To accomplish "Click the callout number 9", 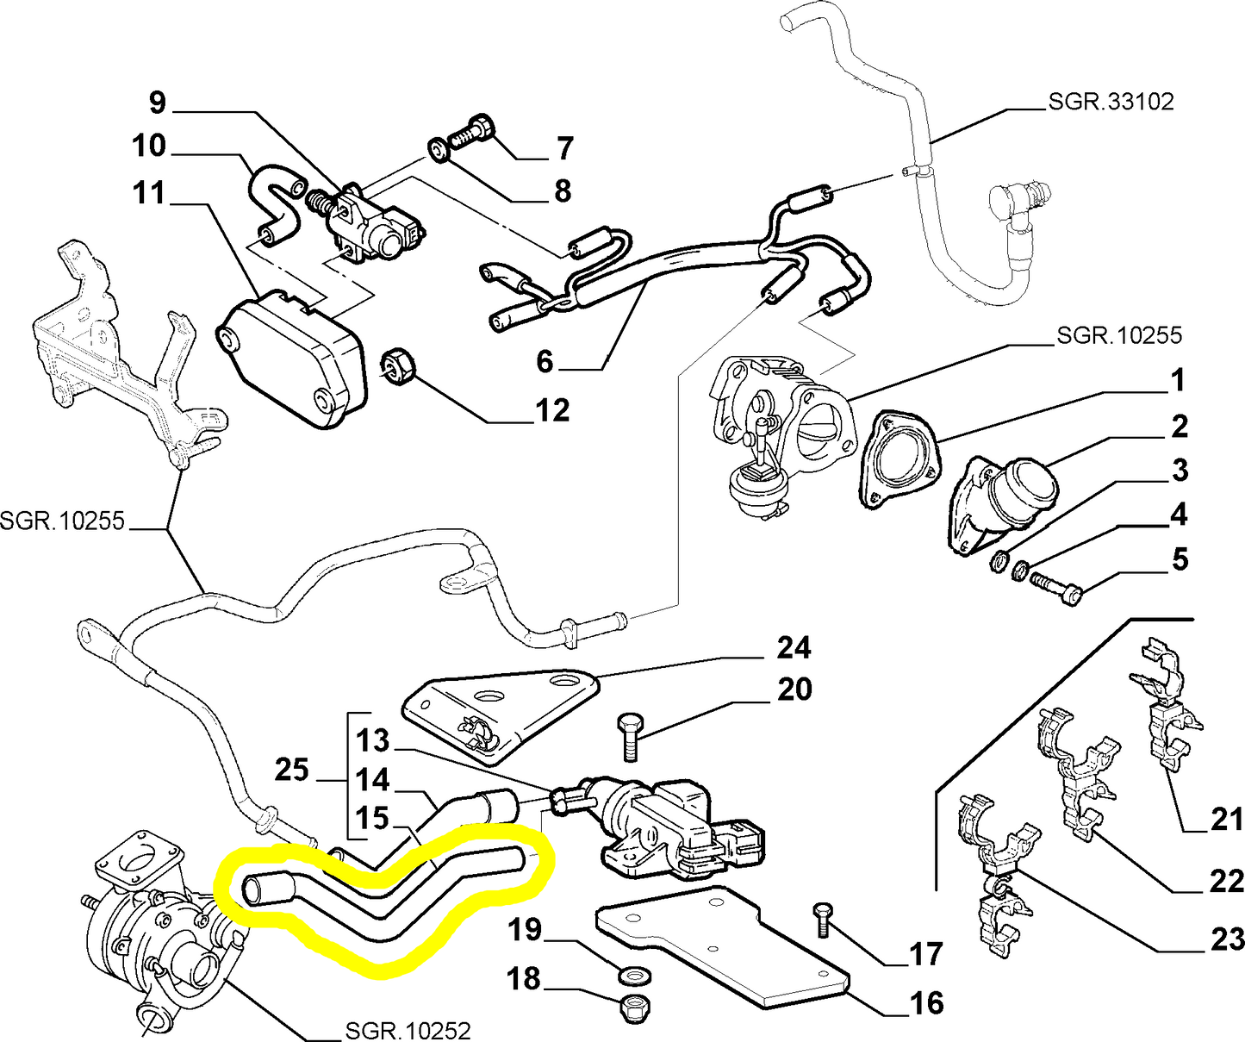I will coord(157,103).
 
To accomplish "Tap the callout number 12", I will coord(552,411).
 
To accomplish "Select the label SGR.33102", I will coord(1111,102).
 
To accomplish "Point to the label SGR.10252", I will coord(408,1030).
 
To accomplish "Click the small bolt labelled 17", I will coord(822,921).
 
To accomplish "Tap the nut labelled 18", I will coord(635,1006).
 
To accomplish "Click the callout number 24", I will coord(794,647).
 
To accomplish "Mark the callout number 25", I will coord(291,770).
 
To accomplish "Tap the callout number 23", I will coord(1227,939).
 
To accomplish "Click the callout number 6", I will coord(544,361).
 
